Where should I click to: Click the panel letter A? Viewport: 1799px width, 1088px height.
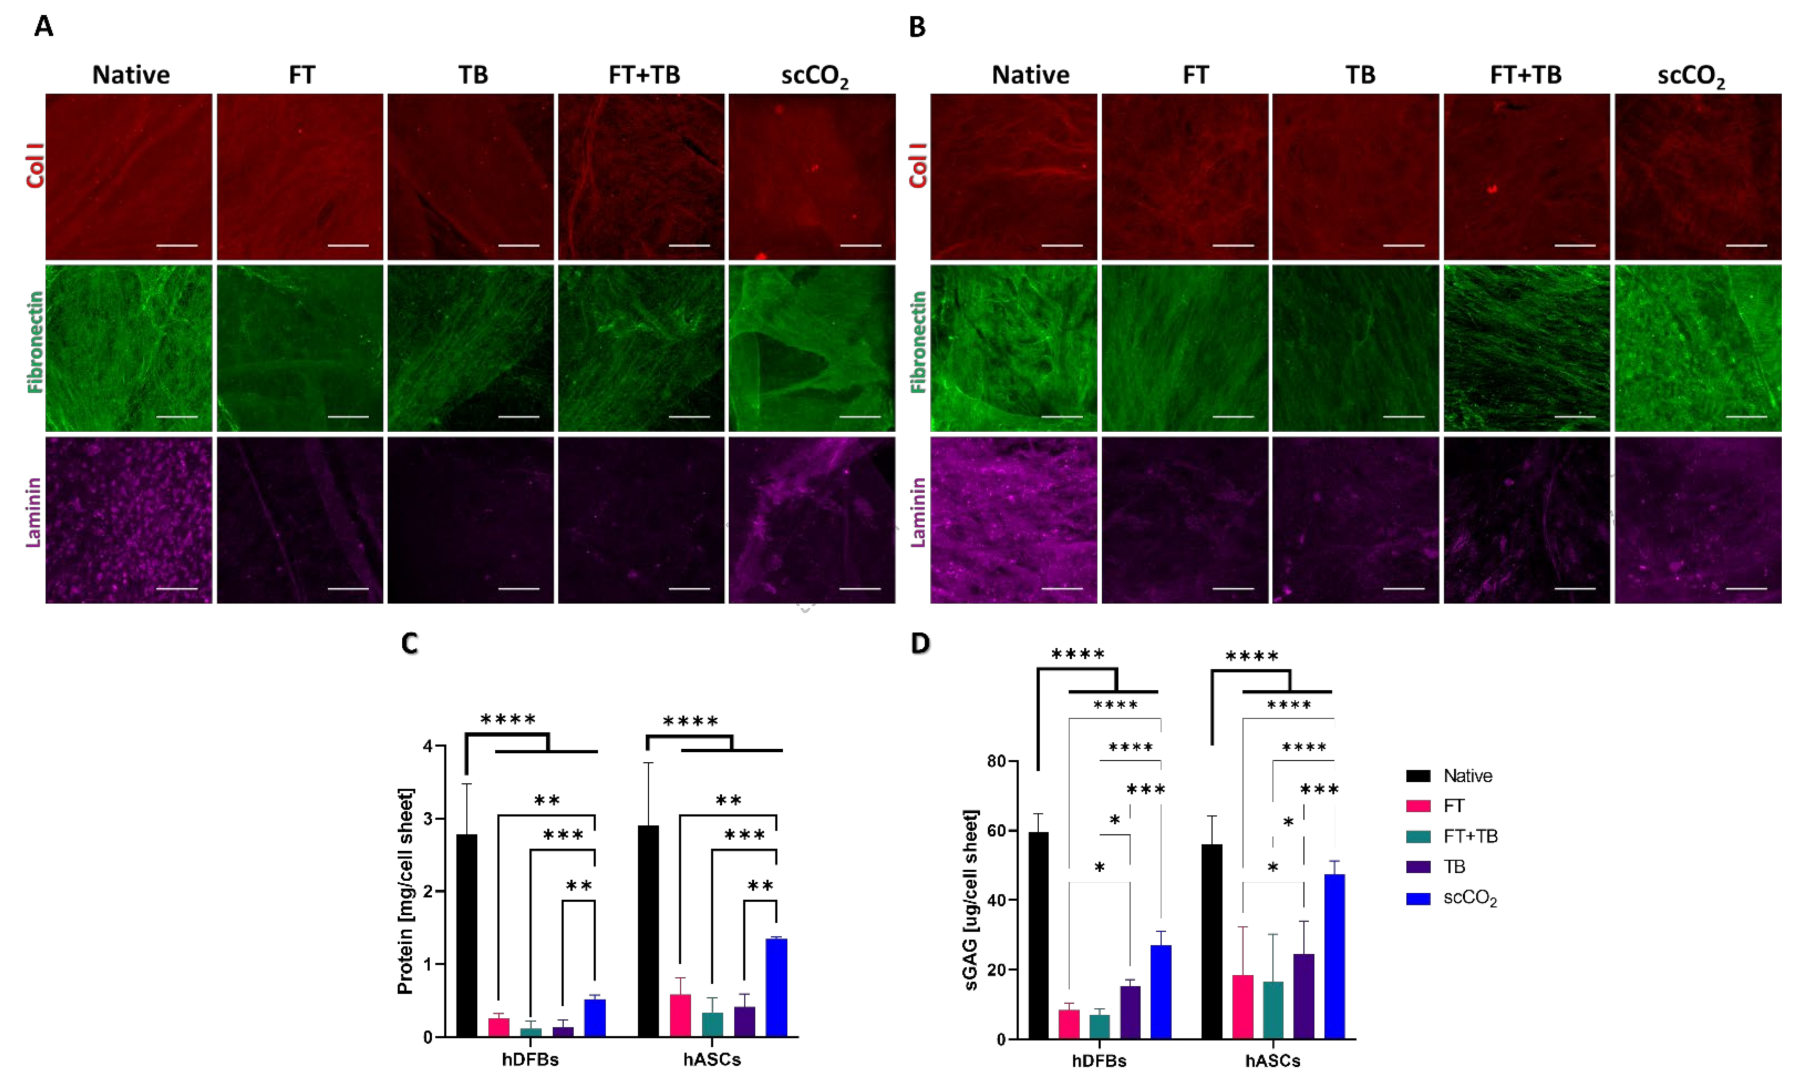tap(44, 27)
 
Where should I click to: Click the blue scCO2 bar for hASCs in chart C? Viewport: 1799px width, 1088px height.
tap(776, 987)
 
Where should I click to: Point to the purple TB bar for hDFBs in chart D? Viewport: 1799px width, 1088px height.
tap(1130, 1012)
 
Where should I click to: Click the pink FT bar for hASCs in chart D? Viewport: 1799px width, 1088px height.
tap(1243, 1006)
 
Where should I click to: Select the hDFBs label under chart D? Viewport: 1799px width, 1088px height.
tap(1099, 1061)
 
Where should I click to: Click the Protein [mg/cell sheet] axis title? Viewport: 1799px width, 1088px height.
tap(405, 891)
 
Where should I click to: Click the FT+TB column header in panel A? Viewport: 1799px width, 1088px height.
tap(644, 75)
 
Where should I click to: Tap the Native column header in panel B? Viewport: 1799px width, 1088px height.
tap(1030, 75)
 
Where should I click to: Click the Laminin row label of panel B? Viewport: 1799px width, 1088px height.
tap(918, 513)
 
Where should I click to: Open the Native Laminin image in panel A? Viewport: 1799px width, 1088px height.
tap(128, 520)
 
